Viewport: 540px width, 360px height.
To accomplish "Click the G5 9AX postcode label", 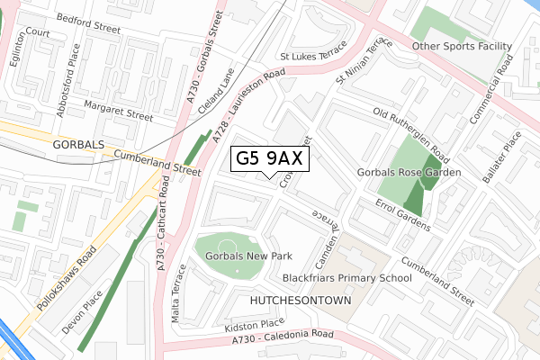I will (x=271, y=158).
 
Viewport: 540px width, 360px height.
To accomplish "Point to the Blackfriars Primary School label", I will (x=346, y=278).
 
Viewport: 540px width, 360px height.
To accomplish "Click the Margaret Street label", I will (x=118, y=115).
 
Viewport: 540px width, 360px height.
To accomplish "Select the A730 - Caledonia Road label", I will (x=282, y=337).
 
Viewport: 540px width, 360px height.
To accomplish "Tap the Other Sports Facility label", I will (x=461, y=46).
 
